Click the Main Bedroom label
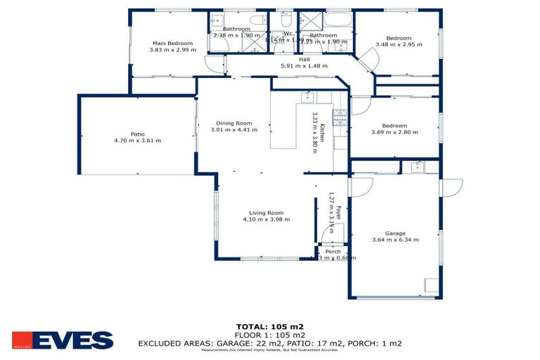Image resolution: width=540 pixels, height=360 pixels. point(167,44)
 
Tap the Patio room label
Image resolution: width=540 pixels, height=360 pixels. point(137,133)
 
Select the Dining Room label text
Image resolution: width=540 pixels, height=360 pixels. point(233,122)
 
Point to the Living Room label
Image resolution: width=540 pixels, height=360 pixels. point(266,212)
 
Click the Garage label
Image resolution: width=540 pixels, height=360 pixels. point(395,233)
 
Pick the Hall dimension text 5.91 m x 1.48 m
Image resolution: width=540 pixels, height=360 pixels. point(304,65)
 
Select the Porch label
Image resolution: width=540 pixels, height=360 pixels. point(333,251)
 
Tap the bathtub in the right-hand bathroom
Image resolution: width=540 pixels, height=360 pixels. point(337,19)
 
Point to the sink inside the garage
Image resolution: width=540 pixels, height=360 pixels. point(418,167)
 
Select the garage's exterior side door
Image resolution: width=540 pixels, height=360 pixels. point(451,188)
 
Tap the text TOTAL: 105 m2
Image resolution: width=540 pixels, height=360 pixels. point(270,326)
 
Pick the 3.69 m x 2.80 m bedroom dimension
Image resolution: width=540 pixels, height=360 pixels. point(394,132)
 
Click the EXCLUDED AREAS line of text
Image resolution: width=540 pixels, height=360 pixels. point(270,343)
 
